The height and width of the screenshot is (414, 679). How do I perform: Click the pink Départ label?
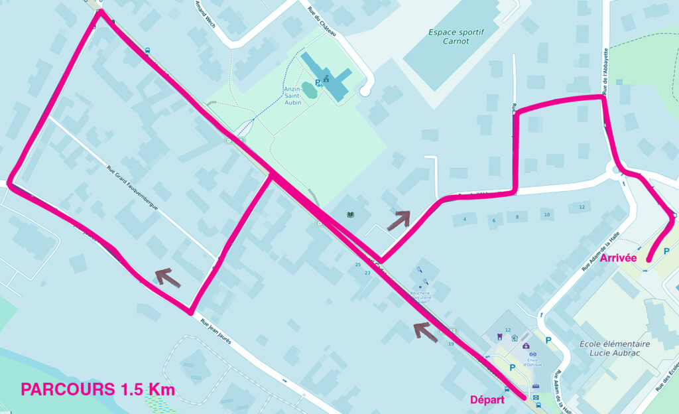[487, 400]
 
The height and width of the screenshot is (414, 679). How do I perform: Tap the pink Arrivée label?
[619, 257]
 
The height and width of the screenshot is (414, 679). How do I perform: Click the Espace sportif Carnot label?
[458, 36]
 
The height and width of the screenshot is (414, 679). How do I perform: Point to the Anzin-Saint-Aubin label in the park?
[292, 96]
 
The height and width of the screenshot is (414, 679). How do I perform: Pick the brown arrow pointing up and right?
[399, 220]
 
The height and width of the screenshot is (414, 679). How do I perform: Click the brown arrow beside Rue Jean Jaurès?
[168, 278]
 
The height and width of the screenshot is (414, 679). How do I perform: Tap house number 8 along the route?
[517, 218]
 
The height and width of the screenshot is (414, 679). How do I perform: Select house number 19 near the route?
[450, 344]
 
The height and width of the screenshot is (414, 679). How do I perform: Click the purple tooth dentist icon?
[498, 337]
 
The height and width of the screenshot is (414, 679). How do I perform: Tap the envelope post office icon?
[535, 396]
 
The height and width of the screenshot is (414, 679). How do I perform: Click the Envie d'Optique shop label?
[532, 362]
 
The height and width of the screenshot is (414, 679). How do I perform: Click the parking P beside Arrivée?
[666, 251]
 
